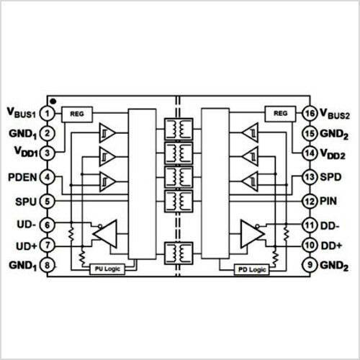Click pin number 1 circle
[48, 114]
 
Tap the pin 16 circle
[310, 113]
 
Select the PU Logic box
[107, 269]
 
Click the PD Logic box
[252, 269]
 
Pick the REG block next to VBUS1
[77, 114]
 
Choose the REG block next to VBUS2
[280, 114]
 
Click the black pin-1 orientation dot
[53, 102]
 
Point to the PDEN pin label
[22, 177]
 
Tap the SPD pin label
[330, 177]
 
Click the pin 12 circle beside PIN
[310, 201]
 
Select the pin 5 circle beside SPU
[48, 201]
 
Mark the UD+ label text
[27, 246]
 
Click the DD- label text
[330, 226]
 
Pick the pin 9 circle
[310, 265]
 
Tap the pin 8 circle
[48, 265]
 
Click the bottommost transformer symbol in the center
[179, 253]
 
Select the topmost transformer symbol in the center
[179, 129]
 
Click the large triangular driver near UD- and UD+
[105, 234]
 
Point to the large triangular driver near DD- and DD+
[253, 234]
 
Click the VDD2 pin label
[333, 154]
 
